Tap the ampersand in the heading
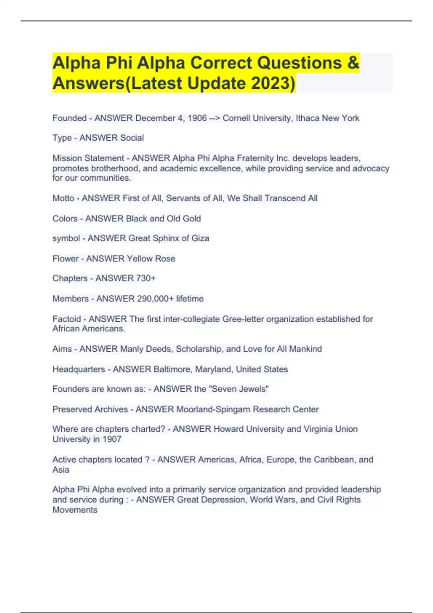pyautogui.click(x=353, y=63)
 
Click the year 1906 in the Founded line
pyautogui.click(x=197, y=118)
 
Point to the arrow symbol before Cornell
pyautogui.click(x=214, y=118)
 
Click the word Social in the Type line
pyautogui.click(x=132, y=138)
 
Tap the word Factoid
pyautogui.click(x=67, y=319)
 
